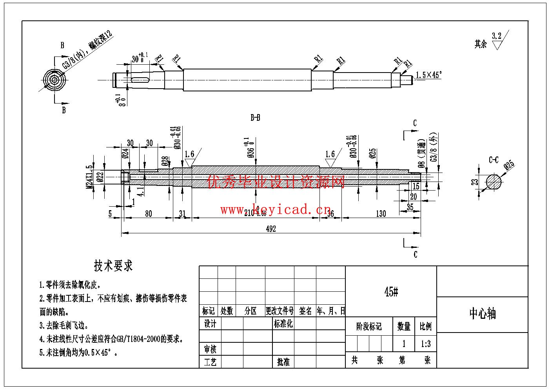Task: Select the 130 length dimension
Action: (381, 214)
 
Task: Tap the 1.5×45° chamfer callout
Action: (428, 75)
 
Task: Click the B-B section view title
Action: (255, 118)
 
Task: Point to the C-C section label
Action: (494, 160)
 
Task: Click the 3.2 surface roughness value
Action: (496, 36)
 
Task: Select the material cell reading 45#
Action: (391, 292)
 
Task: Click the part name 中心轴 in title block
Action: (482, 314)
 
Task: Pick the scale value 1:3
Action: (425, 344)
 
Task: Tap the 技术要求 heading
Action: (113, 266)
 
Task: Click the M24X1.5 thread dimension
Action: (90, 176)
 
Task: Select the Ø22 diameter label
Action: (100, 177)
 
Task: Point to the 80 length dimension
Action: (149, 214)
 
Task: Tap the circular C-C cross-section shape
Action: (494, 182)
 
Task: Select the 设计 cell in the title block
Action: (210, 324)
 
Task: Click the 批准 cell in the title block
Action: (283, 362)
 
